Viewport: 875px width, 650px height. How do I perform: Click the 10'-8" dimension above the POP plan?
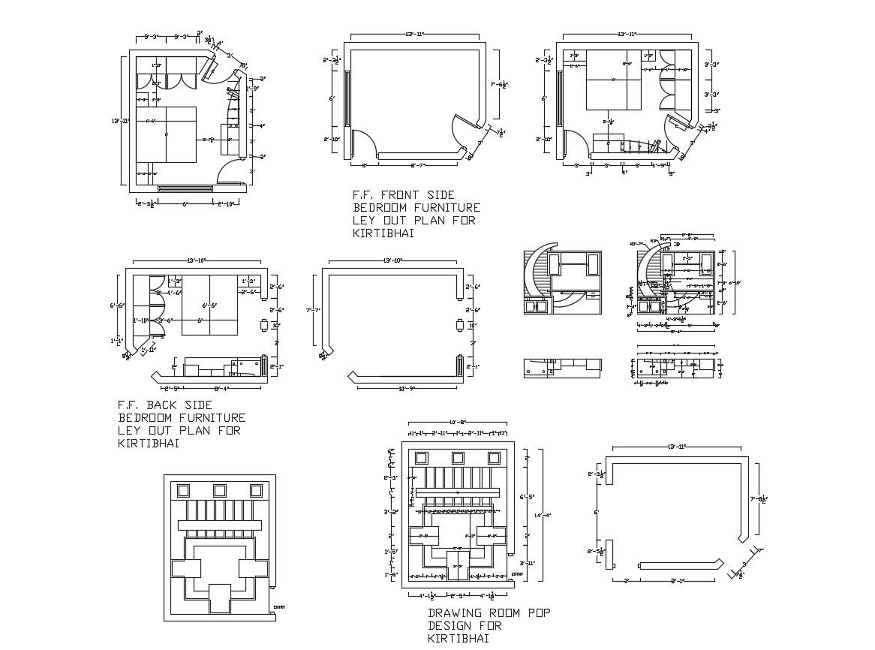(459, 422)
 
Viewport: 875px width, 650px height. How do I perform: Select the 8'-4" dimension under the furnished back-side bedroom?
(221, 388)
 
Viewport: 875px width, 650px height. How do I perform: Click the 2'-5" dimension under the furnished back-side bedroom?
(173, 388)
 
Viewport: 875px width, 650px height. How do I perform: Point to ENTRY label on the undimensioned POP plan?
(279, 607)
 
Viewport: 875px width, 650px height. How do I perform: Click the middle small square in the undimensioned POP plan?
(220, 490)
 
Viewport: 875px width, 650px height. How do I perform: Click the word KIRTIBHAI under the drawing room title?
(459, 639)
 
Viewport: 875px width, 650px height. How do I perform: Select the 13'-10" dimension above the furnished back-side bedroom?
(197, 260)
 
